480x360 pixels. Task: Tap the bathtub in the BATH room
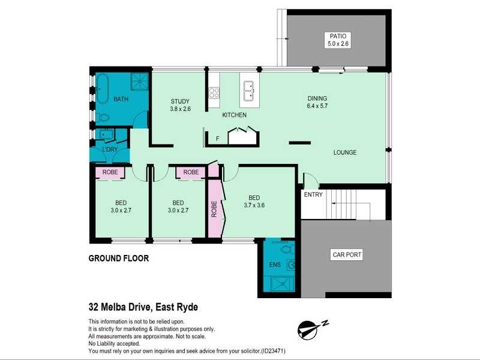click(101, 88)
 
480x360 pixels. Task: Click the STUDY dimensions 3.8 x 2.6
click(180, 109)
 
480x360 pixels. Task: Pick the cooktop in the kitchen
click(214, 92)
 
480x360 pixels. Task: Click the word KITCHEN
click(234, 115)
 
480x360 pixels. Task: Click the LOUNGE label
click(345, 152)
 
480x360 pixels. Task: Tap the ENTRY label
click(313, 194)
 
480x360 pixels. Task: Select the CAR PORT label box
click(347, 255)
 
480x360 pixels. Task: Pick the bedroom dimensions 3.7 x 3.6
click(254, 205)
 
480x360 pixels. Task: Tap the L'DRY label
click(109, 149)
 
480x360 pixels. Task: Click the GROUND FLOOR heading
click(118, 259)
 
